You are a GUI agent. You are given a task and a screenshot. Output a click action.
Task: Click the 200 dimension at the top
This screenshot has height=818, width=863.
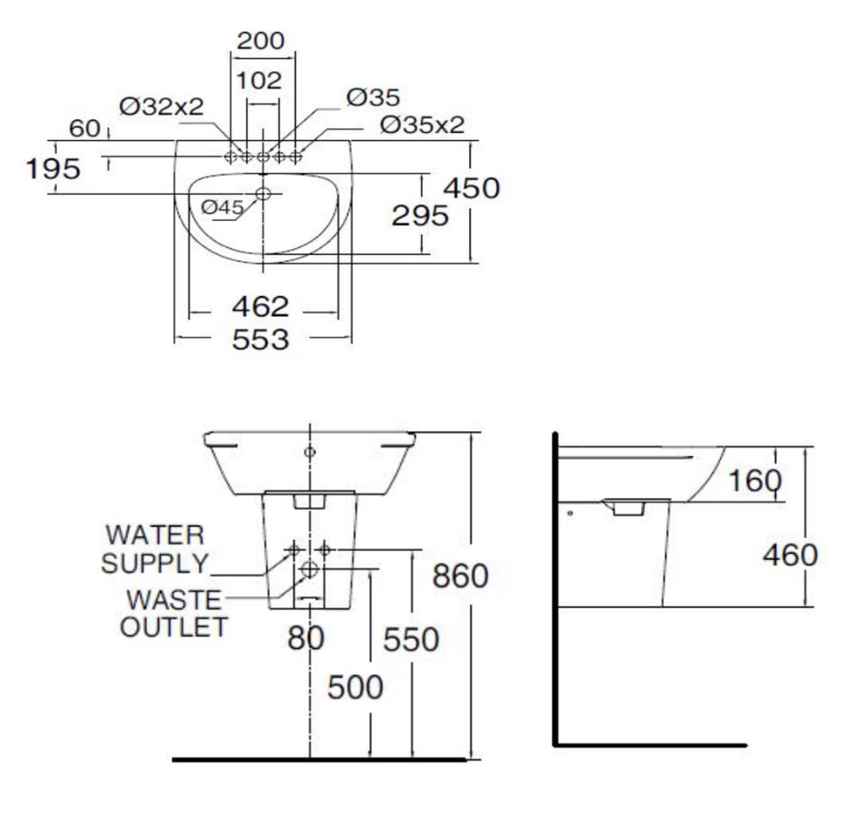pyautogui.click(x=261, y=40)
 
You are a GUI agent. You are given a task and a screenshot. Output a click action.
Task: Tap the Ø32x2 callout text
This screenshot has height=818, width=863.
pyautogui.click(x=162, y=106)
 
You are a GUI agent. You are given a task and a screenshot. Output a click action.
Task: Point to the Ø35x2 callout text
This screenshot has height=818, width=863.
pyautogui.click(x=422, y=124)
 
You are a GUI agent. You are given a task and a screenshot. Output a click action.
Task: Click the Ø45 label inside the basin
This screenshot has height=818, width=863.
pyautogui.click(x=223, y=207)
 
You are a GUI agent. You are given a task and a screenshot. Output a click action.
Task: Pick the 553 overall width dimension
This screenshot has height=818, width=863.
pyautogui.click(x=261, y=339)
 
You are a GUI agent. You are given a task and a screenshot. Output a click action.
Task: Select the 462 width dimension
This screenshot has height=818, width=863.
pyautogui.click(x=261, y=307)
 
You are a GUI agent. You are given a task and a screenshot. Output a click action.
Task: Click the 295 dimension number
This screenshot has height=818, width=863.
pyautogui.click(x=420, y=215)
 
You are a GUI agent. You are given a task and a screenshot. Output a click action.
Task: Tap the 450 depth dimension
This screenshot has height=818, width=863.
pyautogui.click(x=471, y=187)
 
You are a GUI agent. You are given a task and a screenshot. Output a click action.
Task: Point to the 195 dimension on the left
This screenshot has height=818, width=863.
pyautogui.click(x=53, y=168)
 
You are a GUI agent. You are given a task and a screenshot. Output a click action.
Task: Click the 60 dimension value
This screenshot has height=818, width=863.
pyautogui.click(x=85, y=129)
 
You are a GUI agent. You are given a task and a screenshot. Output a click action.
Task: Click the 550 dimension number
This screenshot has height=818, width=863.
pyautogui.click(x=411, y=640)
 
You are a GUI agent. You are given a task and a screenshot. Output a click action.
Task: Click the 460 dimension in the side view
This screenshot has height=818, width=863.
pyautogui.click(x=789, y=555)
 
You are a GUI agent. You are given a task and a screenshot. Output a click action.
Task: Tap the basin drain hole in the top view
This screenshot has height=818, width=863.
pyautogui.click(x=263, y=194)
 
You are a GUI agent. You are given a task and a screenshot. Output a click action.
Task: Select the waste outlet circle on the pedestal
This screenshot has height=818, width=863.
pyautogui.click(x=310, y=568)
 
